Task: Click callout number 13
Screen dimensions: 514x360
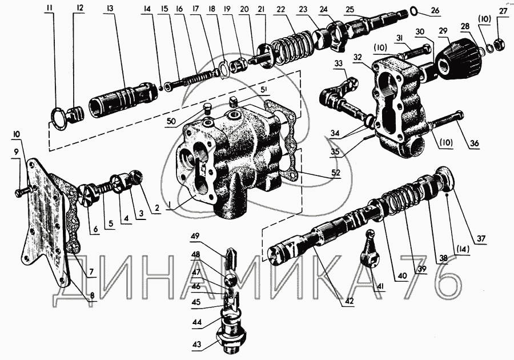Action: (x=110, y=8)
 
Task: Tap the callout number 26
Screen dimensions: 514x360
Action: (x=435, y=10)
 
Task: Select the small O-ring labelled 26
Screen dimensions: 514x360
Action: (x=413, y=12)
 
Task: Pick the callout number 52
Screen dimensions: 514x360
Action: (x=335, y=173)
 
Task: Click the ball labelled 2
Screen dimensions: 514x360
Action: (x=136, y=177)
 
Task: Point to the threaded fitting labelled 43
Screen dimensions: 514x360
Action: (x=231, y=337)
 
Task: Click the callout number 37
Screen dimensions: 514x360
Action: (x=481, y=238)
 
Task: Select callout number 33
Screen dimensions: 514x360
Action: (x=339, y=63)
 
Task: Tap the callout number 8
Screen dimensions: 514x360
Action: (x=92, y=295)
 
